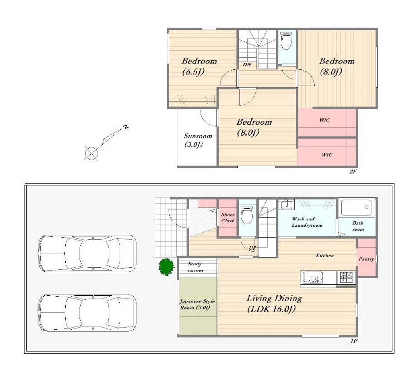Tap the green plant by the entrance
166,267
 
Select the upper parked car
87,254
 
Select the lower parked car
87,313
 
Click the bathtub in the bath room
356,207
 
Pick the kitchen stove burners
347,278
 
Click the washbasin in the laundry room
287,204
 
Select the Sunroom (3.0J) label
197,140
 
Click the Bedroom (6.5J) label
199,66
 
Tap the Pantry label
366,259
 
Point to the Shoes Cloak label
228,218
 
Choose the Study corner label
195,267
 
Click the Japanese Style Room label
197,304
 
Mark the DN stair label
247,64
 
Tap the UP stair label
253,248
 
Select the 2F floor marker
353,171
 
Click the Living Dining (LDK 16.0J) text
274,304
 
